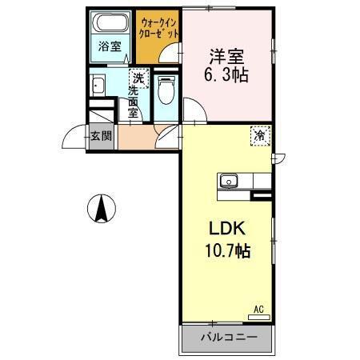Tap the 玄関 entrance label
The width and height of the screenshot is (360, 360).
coord(101,136)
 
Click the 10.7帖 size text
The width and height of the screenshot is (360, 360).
coord(226,251)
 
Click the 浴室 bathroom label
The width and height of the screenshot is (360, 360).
coord(110,47)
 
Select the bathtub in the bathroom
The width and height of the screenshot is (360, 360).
coord(110,24)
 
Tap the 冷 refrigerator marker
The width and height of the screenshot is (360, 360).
coord(260,137)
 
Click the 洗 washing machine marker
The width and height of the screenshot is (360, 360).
coord(138,78)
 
